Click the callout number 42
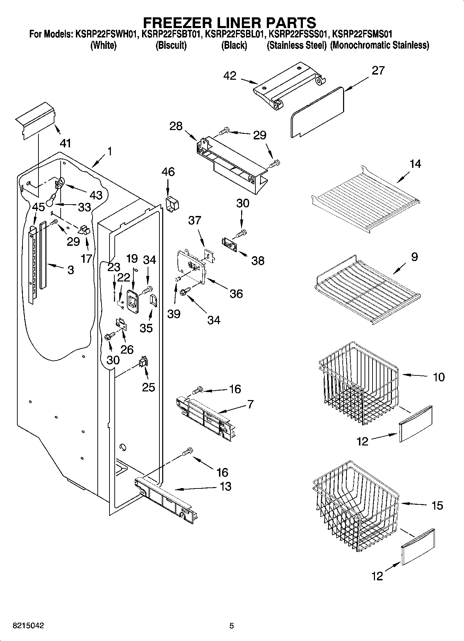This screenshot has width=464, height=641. pos(230,76)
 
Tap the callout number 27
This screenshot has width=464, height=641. pos(378,70)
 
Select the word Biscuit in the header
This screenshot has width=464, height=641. pos(171,45)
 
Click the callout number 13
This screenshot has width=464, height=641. pos(225,486)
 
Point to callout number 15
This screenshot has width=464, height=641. pos(437,505)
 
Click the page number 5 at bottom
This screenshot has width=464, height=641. pos(232,626)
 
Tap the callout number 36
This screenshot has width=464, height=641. pos(236,294)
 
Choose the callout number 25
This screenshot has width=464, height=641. pos(148,387)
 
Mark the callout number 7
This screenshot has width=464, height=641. pos(250,404)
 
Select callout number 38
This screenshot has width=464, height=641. pos(257,260)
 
